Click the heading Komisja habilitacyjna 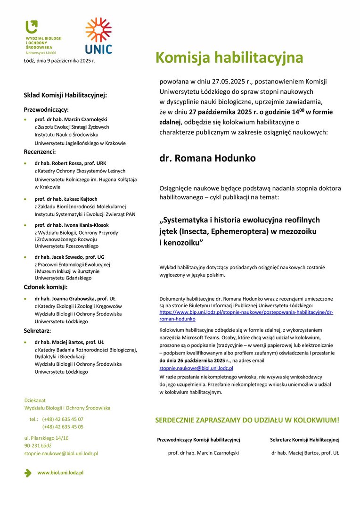tap(229, 57)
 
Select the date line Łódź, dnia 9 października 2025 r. tap(59, 61)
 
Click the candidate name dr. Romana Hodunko tap(207, 158)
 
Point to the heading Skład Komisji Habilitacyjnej tap(65, 95)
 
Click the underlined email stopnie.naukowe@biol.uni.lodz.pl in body tap(196, 368)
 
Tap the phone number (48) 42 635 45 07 tap(63, 419)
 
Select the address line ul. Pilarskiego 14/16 tap(46, 438)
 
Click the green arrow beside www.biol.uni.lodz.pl tap(28, 473)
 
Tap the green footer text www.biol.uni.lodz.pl tap(60, 472)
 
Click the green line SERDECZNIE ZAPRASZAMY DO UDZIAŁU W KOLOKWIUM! tap(247, 419)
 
